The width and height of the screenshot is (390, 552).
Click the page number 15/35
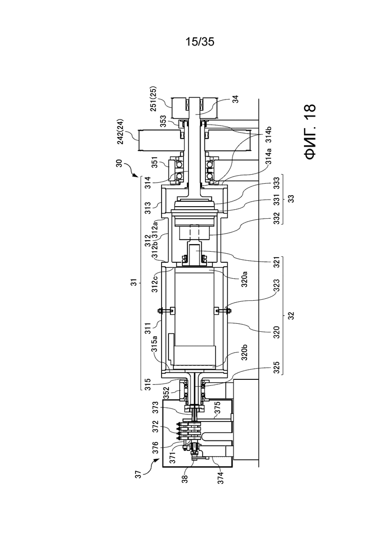point(199,42)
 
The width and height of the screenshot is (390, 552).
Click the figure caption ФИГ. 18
point(310,132)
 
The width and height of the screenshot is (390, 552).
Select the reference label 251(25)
point(154,99)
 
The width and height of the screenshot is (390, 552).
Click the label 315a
point(153,344)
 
